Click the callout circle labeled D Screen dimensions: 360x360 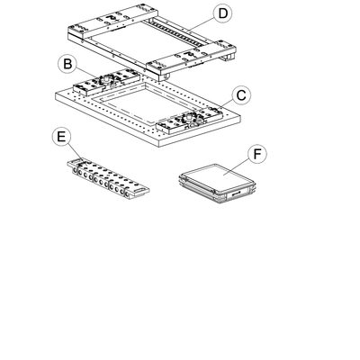(222, 14)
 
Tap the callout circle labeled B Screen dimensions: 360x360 (67, 64)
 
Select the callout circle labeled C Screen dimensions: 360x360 (241, 95)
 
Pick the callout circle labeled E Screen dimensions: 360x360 (61, 137)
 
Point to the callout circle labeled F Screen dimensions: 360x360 (257, 155)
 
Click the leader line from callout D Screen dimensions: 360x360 (201, 24)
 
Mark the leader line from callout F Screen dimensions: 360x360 (237, 166)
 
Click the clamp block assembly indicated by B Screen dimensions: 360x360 (106, 82)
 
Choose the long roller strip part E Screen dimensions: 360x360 (108, 179)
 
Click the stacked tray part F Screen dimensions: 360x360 (217, 184)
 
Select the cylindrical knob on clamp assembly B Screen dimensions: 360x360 (105, 79)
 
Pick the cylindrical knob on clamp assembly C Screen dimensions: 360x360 (189, 116)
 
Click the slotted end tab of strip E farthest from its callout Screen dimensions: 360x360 (141, 191)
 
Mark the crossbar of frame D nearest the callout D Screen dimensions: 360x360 (113, 19)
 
